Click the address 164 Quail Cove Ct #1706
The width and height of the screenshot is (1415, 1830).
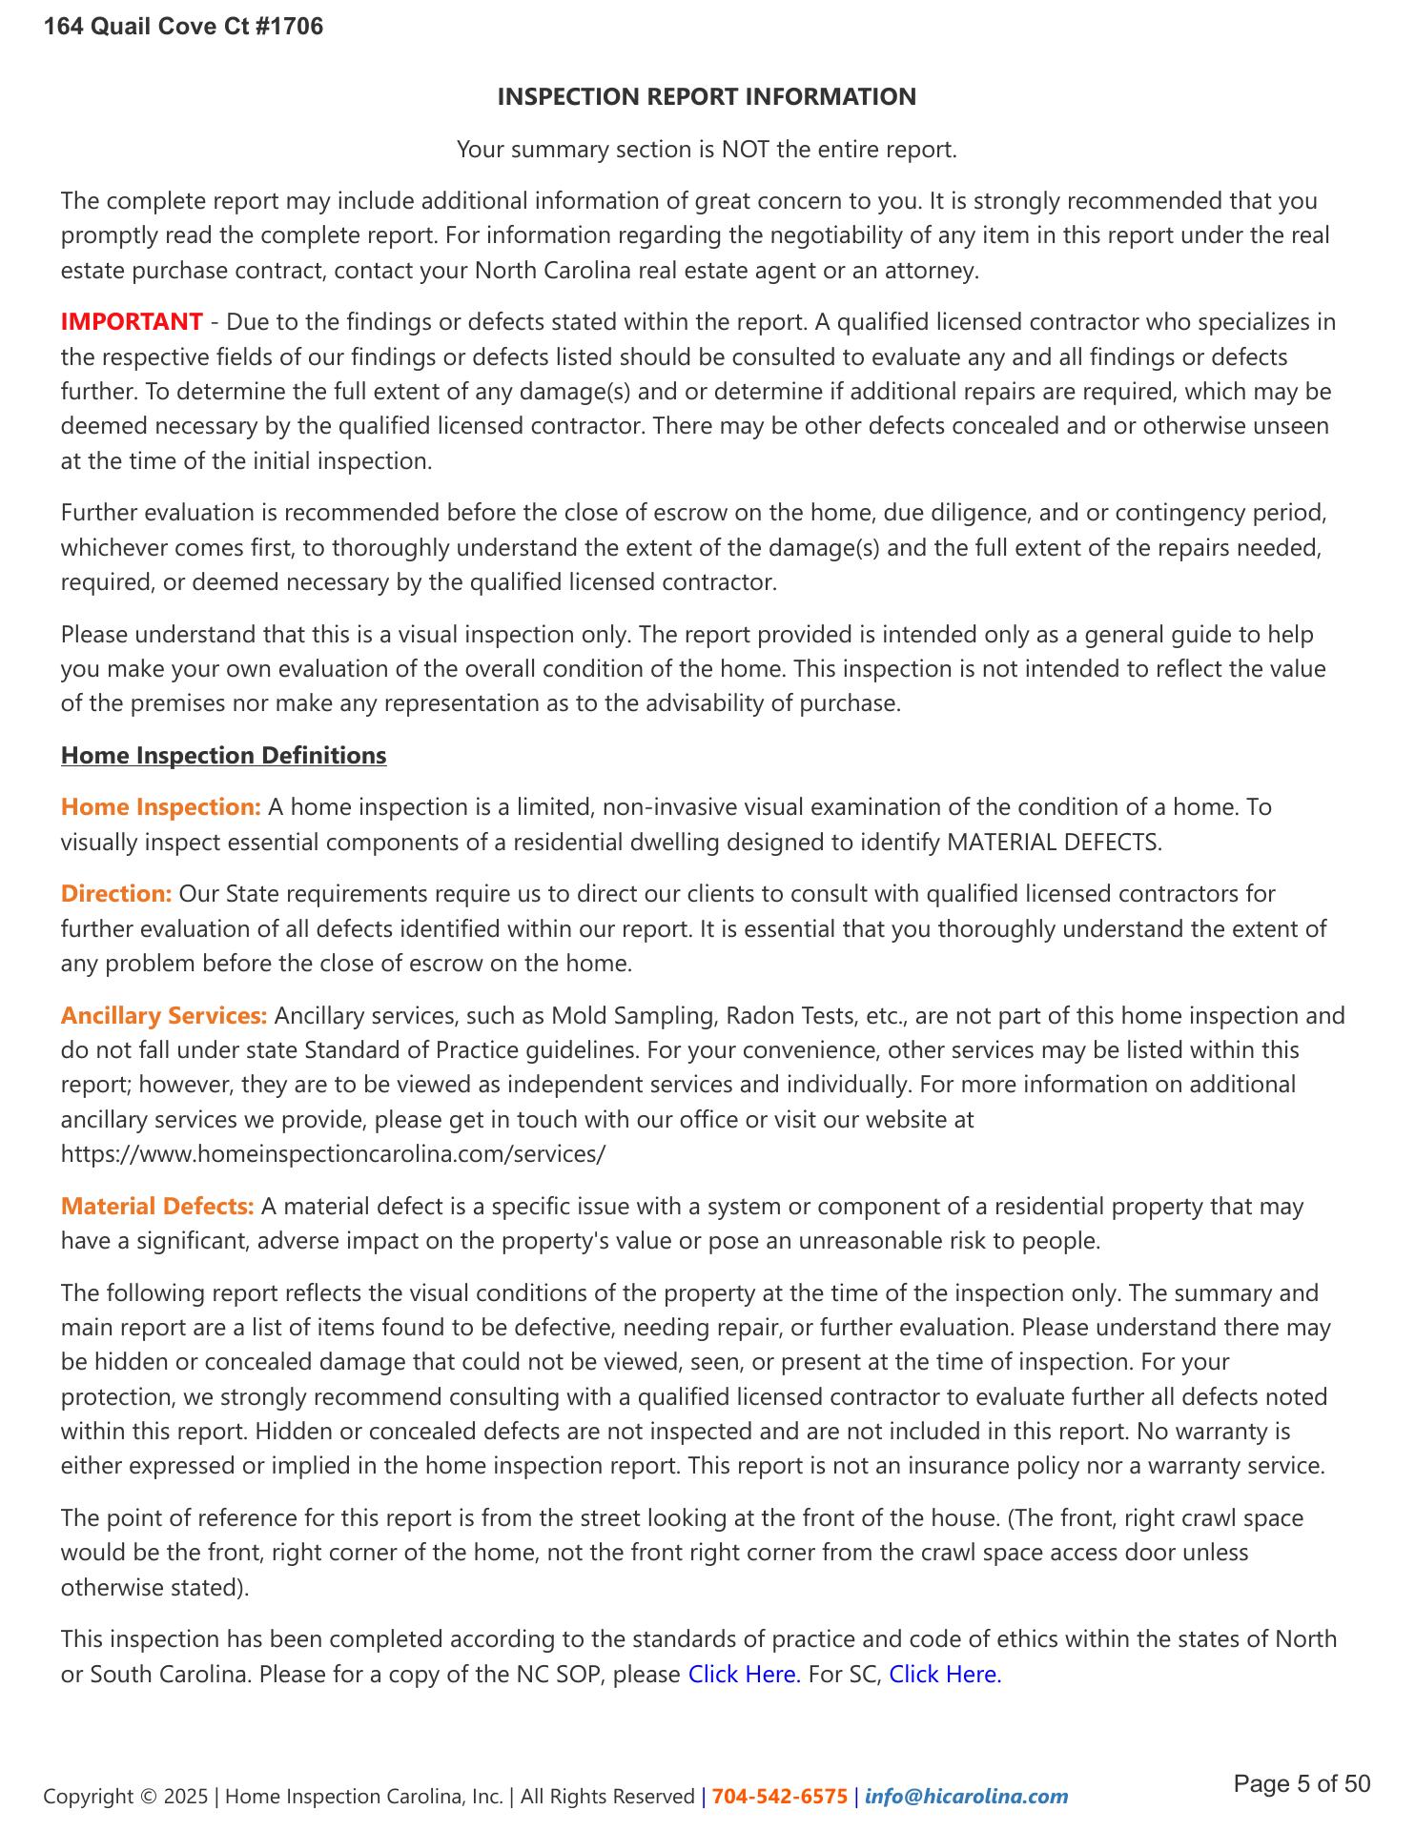pyautogui.click(x=183, y=27)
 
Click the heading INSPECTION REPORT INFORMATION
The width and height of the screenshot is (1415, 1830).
pyautogui.click(x=707, y=96)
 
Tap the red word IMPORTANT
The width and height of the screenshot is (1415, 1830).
pyautogui.click(x=132, y=322)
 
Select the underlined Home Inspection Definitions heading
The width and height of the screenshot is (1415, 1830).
pyautogui.click(x=223, y=755)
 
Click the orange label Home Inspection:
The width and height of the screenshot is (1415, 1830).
pyautogui.click(x=160, y=806)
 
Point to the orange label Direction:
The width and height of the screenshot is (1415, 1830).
pyautogui.click(x=116, y=893)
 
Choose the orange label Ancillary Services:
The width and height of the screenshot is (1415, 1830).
pyautogui.click(x=164, y=1015)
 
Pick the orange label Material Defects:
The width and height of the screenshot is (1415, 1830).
pyautogui.click(x=157, y=1206)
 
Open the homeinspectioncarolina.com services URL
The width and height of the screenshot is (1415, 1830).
pyautogui.click(x=333, y=1153)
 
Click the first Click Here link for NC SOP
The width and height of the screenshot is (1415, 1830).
pyautogui.click(x=744, y=1674)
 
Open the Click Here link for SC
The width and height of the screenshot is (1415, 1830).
pyautogui.click(x=945, y=1674)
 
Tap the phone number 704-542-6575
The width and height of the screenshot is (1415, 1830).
pyautogui.click(x=779, y=1797)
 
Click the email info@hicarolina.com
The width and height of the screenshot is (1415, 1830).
pyautogui.click(x=966, y=1797)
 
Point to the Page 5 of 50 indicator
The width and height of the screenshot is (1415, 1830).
pyautogui.click(x=1302, y=1784)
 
